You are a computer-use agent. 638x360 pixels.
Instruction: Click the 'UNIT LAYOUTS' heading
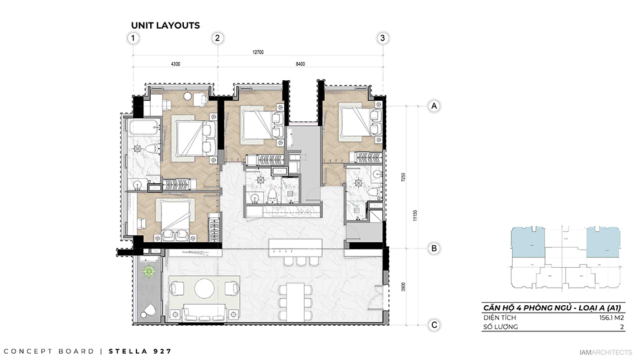pyautogui.click(x=165, y=26)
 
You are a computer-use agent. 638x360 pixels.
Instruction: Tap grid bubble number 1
pyautogui.click(x=132, y=38)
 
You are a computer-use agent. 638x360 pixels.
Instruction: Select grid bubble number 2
pyautogui.click(x=217, y=38)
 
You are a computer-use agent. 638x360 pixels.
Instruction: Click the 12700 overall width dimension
pyautogui.click(x=257, y=52)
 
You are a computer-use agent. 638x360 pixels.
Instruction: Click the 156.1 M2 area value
pyautogui.click(x=611, y=317)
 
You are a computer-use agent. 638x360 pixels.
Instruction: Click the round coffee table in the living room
pyautogui.click(x=204, y=288)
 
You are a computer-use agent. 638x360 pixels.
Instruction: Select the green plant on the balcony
pyautogui.click(x=150, y=272)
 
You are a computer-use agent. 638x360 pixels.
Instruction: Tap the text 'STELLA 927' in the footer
pyautogui.click(x=140, y=351)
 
